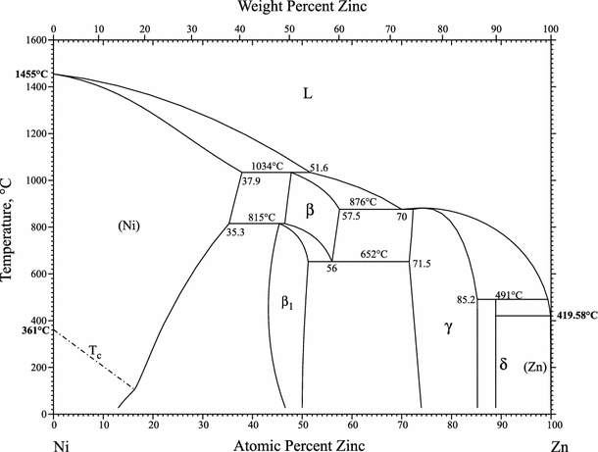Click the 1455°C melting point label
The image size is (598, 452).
pyautogui.click(x=22, y=75)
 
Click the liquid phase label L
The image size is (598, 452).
pyautogui.click(x=307, y=94)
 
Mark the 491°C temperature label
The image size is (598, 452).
pyautogui.click(x=509, y=293)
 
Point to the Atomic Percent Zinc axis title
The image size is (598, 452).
pyautogui.click(x=300, y=444)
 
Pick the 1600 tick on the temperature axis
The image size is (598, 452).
pyautogui.click(x=35, y=40)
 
